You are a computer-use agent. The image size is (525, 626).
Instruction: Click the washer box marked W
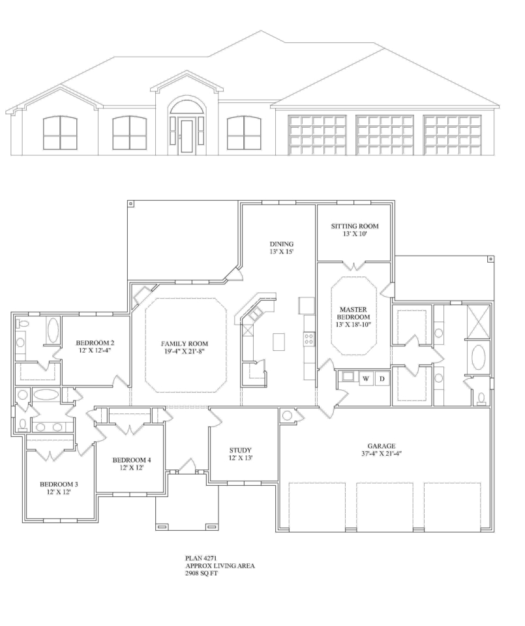(x=366, y=379)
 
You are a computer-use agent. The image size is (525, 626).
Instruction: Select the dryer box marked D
(x=382, y=379)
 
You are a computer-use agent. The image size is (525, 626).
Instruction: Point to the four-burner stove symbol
(x=309, y=339)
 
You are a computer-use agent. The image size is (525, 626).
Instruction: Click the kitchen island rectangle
(x=279, y=341)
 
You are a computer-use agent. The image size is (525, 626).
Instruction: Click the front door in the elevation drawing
(x=186, y=136)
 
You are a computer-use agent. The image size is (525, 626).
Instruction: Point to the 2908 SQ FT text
(x=202, y=574)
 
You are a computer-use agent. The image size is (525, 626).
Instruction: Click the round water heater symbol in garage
(x=287, y=415)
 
